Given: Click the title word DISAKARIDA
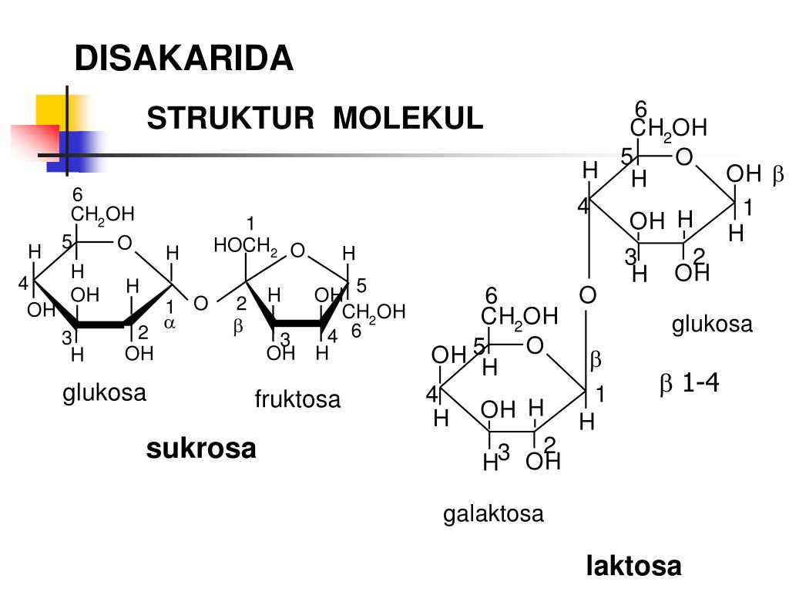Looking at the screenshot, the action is coord(183,59).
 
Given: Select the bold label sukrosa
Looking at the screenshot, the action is coord(201,448).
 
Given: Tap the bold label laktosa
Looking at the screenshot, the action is coord(633,567).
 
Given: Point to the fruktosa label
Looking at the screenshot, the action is coord(297,400).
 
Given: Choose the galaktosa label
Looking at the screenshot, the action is coord(493,513).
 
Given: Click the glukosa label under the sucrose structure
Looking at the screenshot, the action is coord(104,393).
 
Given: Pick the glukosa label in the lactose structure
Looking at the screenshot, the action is coord(711,325).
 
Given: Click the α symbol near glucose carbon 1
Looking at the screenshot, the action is coord(170,324).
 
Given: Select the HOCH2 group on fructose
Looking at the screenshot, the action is coord(245,247).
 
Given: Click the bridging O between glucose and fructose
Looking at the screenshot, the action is coord(200,304).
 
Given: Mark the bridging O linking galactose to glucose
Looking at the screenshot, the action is coord(588,295).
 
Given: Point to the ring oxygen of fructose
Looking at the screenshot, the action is coord(297,251).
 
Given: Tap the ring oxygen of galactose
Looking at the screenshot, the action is coord(535,346).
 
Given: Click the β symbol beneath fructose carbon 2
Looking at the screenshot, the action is coord(238,327).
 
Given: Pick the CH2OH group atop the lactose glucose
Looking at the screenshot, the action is coord(668,128).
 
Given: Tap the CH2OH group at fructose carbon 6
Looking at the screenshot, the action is coord(374,311).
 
